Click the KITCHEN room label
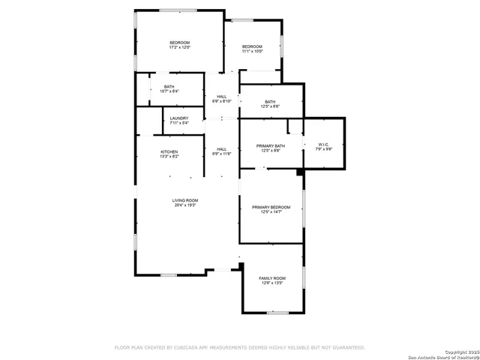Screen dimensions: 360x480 [169, 152]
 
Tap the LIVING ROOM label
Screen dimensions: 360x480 [185, 200]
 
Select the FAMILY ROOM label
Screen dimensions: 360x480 [272, 278]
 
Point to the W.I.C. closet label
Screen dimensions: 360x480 [323, 144]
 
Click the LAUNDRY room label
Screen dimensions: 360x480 [178, 118]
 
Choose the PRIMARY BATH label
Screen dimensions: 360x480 [270, 145]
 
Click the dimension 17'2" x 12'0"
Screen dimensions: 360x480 [179, 47]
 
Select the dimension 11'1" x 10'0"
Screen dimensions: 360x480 [252, 52]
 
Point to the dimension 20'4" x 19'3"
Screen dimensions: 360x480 [185, 205]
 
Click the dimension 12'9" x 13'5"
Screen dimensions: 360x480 [272, 283]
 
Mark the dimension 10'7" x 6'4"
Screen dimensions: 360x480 [169, 91]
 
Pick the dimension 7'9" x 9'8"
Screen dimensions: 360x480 [323, 149]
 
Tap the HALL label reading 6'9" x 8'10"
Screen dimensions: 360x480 [222, 97]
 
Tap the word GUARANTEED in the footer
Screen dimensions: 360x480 [348, 348]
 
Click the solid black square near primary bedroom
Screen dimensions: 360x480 [300, 172]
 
